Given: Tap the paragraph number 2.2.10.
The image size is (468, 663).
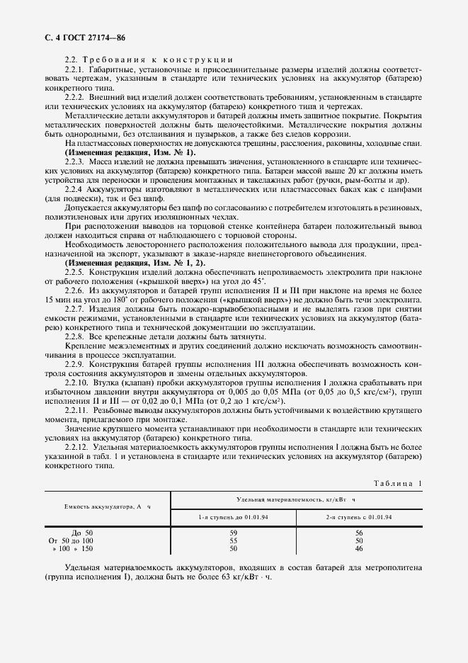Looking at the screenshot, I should pyautogui.click(x=77, y=382).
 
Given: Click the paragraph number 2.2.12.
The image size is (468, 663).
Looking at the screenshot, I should pyautogui.click(x=77, y=448).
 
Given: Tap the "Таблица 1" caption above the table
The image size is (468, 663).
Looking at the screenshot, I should pyautogui.click(x=396, y=483).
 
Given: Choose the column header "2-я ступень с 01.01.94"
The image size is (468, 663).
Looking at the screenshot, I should pyautogui.click(x=359, y=517).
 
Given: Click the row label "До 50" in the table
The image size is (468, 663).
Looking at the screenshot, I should pyautogui.click(x=82, y=533).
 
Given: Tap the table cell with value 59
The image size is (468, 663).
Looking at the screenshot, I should pyautogui.click(x=233, y=533).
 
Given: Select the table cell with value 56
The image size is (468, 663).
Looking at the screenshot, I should pyautogui.click(x=359, y=533).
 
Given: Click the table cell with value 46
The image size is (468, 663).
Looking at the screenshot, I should pyautogui.click(x=359, y=549).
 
